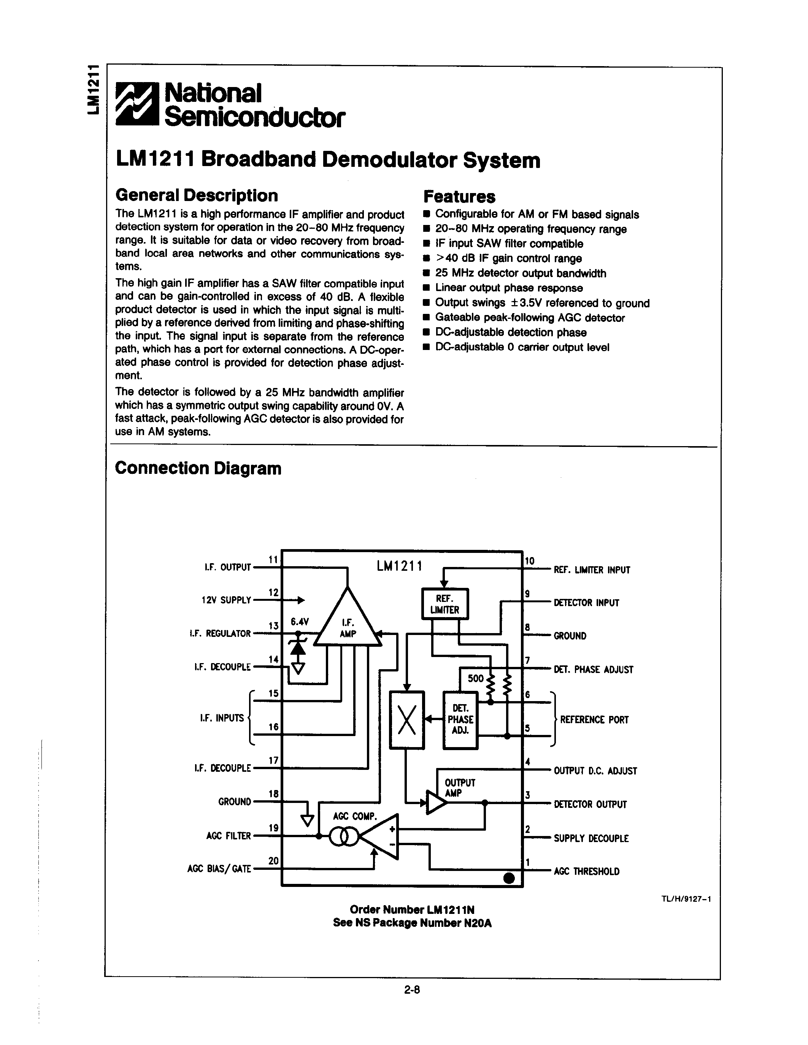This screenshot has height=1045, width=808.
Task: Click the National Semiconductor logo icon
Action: [137, 105]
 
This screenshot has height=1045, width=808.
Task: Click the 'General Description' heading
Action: [196, 195]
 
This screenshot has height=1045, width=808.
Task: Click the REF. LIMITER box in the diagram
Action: [444, 604]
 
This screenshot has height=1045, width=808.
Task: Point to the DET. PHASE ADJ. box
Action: [460, 720]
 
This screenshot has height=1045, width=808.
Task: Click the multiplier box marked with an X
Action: [407, 720]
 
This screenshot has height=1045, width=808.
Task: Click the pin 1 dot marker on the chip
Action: [509, 878]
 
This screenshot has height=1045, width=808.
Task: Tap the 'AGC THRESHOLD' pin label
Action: [586, 871]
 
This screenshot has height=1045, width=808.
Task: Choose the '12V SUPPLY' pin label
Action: [226, 600]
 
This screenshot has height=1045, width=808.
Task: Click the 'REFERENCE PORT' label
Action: [594, 720]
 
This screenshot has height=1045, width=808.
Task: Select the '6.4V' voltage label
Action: [300, 622]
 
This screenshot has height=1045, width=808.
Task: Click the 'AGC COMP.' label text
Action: [355, 816]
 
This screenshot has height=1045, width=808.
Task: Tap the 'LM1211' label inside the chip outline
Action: [399, 567]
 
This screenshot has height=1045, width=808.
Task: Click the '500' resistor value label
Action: [475, 678]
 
